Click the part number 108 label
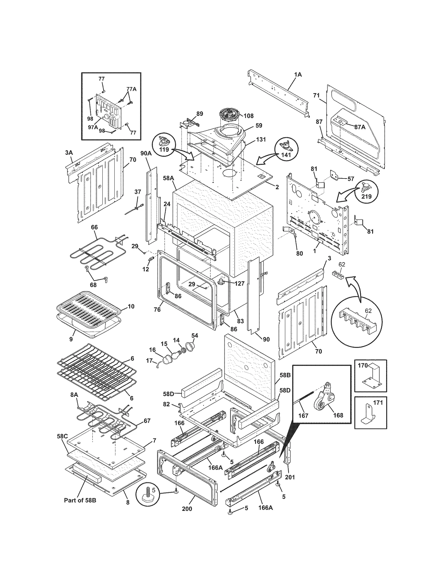[248, 116]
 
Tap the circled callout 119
[164, 145]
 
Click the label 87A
[360, 127]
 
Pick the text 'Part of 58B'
[80, 500]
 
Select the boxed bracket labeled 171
[370, 413]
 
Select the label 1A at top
[298, 75]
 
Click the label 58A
[168, 178]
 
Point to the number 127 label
[239, 283]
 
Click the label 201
[290, 477]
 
